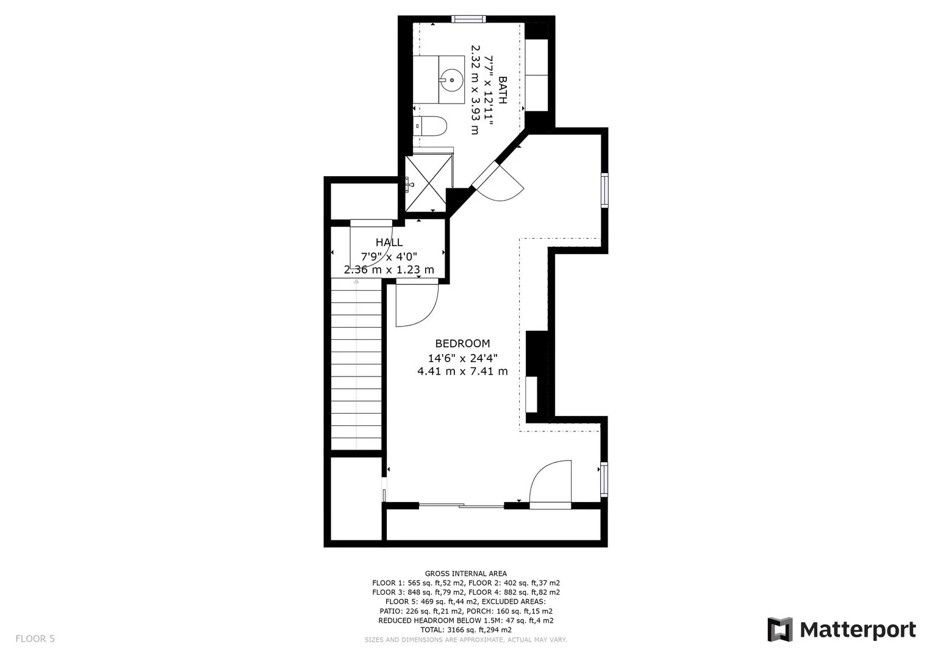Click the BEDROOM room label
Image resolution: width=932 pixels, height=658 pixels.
point(462,344)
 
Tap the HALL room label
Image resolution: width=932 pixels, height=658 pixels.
point(389,242)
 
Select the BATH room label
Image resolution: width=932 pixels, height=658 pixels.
point(502,90)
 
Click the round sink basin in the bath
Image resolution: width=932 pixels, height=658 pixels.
point(451,80)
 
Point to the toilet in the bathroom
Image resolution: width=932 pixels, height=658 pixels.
point(431,126)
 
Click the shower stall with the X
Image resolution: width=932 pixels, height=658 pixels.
point(429,183)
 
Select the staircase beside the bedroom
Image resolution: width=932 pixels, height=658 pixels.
point(356,364)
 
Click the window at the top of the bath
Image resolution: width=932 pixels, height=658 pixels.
point(468,19)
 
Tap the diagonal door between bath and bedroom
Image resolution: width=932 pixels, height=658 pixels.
point(498,182)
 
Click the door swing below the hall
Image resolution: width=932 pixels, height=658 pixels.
point(417,303)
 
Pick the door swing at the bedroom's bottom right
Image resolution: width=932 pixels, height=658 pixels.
point(550,484)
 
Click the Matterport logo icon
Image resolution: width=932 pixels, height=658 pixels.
point(780,629)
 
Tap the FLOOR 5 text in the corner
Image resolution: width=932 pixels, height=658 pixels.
point(35,639)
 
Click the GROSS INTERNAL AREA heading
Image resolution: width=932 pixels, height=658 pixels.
point(465,574)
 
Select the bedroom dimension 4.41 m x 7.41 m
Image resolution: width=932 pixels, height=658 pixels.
point(462,371)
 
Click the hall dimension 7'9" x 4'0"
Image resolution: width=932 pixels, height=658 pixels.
point(389,256)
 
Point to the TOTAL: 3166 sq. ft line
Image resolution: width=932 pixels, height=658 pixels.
point(465,630)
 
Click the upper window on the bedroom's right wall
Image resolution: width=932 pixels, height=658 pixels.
point(604,190)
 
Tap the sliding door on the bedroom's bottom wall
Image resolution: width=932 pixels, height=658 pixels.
point(461,506)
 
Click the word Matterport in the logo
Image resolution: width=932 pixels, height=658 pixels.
point(858,630)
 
